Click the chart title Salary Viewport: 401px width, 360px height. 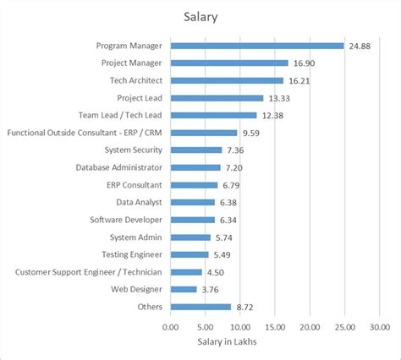[x=200, y=16]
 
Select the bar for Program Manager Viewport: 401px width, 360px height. [x=257, y=46]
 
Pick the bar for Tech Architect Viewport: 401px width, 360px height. [x=227, y=80]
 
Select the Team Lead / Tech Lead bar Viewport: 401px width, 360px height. [x=213, y=115]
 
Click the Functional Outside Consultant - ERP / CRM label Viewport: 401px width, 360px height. [x=85, y=133]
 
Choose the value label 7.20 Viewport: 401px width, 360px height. [x=236, y=167]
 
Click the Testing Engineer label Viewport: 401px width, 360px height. [x=135, y=254]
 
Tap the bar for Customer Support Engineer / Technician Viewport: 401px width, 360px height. [x=186, y=272]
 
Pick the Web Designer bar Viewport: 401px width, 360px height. [x=184, y=289]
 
